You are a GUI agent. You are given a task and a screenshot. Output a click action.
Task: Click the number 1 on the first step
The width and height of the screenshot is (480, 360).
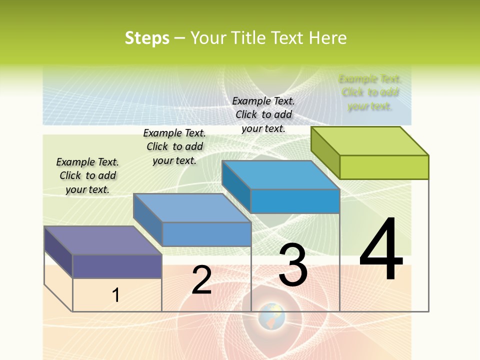coord(116,295)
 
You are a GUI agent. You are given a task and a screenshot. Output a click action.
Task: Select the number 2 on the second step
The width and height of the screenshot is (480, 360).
coord(202,280)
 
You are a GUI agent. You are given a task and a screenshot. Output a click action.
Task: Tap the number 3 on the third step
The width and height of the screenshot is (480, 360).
coord(293,265)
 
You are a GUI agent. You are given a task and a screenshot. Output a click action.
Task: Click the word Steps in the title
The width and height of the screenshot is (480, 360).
coord(147,38)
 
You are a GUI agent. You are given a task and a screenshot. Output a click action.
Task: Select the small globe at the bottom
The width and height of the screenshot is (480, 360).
coord(272,315)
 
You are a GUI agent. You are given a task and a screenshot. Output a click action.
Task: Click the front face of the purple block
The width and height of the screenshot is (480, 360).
coord(117,266)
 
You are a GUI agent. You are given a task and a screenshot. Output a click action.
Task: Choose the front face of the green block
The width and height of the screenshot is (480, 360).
coord(384,167)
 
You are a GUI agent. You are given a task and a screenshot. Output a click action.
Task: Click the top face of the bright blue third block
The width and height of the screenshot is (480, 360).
coord(280,175)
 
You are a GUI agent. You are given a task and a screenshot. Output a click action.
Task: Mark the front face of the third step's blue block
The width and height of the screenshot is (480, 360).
coord(295,201)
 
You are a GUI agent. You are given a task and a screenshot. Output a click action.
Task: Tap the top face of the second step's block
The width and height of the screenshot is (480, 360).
coord(192,208)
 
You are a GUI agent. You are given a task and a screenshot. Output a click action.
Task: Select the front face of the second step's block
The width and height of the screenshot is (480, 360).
coord(206,234)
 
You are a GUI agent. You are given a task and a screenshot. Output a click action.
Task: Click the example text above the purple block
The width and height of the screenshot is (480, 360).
coord(87,175)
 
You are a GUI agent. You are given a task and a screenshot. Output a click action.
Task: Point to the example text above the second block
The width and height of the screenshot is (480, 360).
coord(174,146)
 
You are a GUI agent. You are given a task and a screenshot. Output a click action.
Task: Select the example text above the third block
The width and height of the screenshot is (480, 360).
coord(263,114)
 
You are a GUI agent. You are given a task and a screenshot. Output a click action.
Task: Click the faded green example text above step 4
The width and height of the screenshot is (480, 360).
coord(370,92)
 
